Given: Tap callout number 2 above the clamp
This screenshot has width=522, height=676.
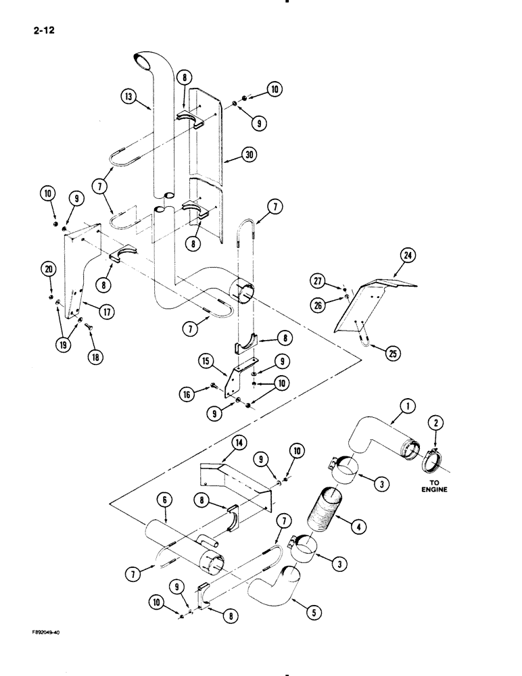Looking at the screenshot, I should pyautogui.click(x=435, y=423).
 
